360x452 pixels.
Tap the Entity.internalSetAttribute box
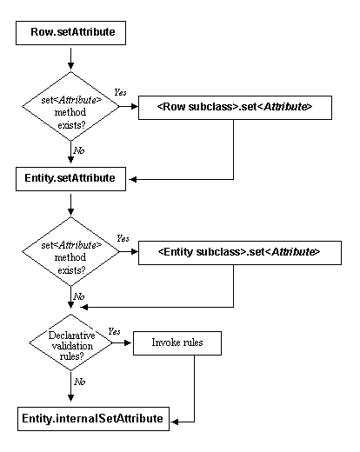pyautogui.click(x=92, y=419)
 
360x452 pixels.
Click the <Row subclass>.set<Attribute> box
pyautogui.click(x=234, y=107)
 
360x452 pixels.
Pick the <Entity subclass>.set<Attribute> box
pyautogui.click(x=238, y=252)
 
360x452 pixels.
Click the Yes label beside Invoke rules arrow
pyautogui.click(x=114, y=331)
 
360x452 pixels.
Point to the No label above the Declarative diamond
pyautogui.click(x=80, y=296)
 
